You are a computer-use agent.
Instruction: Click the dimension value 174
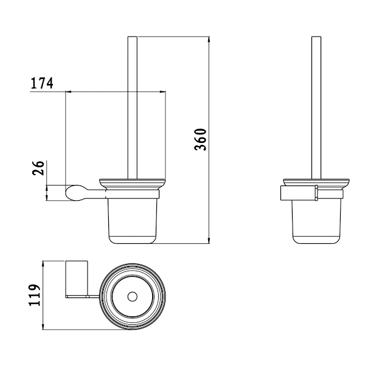click(42, 83)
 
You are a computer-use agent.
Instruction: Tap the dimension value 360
click(200, 139)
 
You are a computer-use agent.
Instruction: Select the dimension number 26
click(38, 168)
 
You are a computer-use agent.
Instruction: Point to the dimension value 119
click(35, 294)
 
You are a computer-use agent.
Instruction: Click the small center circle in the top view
click(133, 297)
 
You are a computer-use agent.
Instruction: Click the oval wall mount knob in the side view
click(75, 193)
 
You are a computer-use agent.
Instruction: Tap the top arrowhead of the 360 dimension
click(209, 40)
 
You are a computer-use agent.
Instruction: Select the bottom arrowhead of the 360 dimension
click(209, 241)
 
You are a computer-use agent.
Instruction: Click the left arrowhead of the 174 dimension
click(68, 92)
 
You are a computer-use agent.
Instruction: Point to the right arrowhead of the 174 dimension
click(162, 92)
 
